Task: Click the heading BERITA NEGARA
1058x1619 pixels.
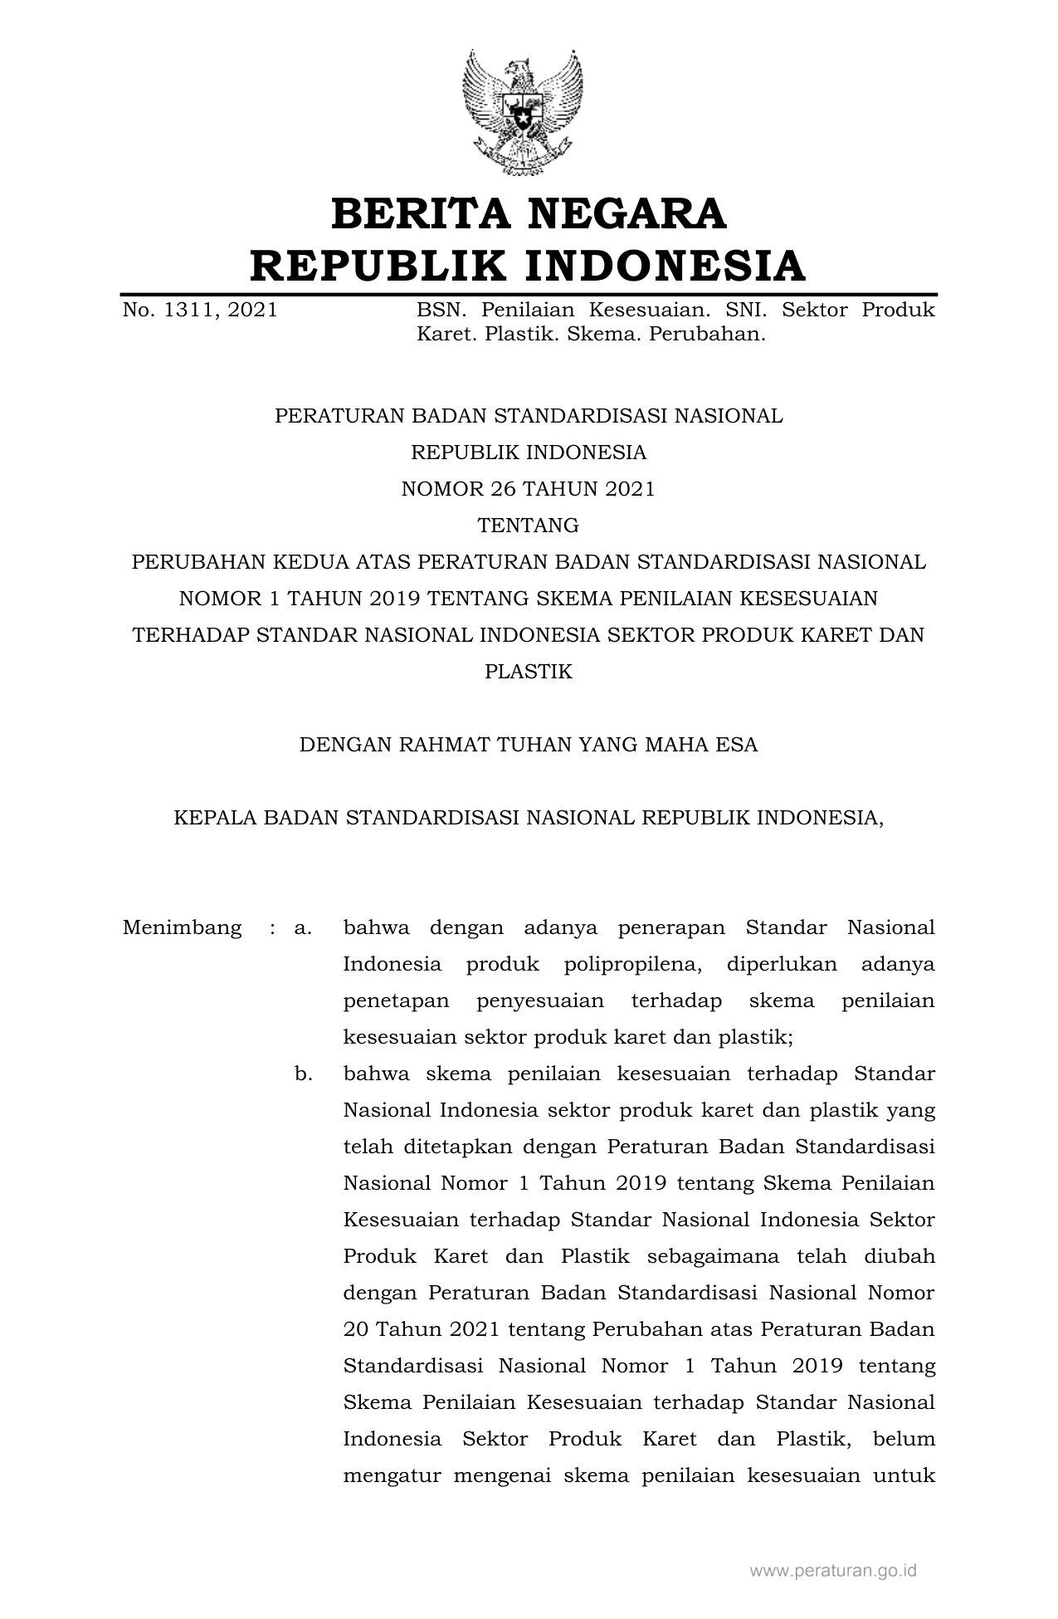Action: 529,213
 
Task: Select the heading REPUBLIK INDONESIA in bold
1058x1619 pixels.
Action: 528,266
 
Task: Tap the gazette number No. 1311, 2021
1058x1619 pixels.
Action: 200,311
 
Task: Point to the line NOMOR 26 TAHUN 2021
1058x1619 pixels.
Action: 528,489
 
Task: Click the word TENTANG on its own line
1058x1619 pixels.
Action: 528,526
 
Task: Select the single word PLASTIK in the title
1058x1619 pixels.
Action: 528,672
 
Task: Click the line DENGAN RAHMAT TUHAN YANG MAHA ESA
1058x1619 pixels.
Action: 528,745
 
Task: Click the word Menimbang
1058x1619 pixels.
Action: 183,927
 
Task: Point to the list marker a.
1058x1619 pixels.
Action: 303,927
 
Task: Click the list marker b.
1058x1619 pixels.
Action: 303,1074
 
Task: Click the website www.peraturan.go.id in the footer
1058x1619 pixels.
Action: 832,1571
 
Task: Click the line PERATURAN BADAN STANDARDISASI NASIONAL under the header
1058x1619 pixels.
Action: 528,416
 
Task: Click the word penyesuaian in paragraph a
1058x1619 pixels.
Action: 540,1000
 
